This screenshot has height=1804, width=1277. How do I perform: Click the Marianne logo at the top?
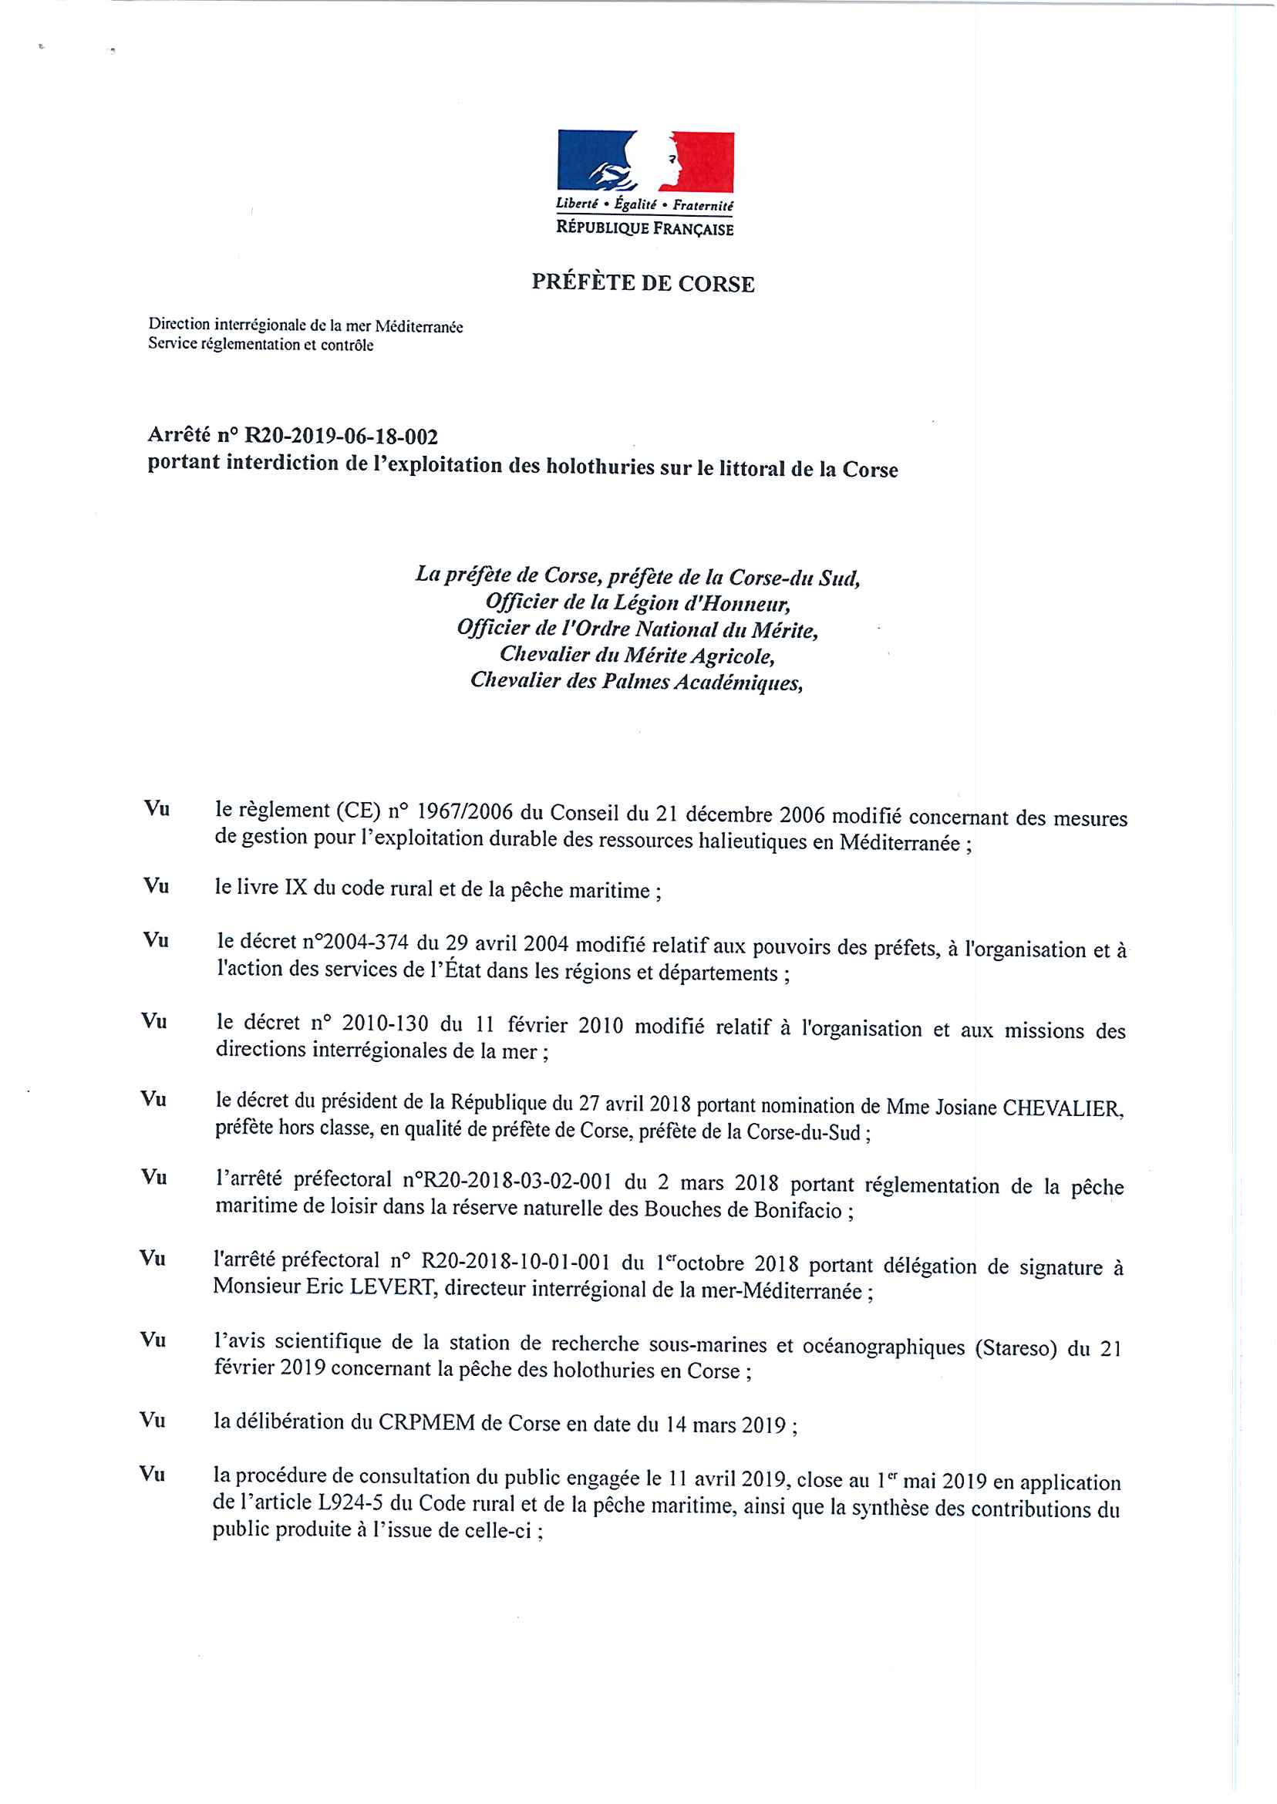coord(645,161)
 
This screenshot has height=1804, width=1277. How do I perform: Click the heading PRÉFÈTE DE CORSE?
coord(642,283)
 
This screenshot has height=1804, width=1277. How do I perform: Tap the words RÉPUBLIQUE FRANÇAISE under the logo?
coord(644,228)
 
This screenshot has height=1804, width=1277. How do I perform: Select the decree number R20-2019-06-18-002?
coord(342,437)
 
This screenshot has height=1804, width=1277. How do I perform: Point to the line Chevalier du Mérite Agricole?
coord(637,654)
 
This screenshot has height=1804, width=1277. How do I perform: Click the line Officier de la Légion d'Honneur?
coord(638,603)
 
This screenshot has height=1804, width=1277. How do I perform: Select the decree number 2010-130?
coord(385,1023)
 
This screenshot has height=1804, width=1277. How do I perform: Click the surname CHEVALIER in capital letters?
coord(1063,1108)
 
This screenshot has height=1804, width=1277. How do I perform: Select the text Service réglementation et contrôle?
coord(261,345)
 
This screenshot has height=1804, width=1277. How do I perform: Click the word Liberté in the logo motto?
coord(576,203)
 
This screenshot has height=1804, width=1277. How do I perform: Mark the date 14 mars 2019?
coord(726,1425)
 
